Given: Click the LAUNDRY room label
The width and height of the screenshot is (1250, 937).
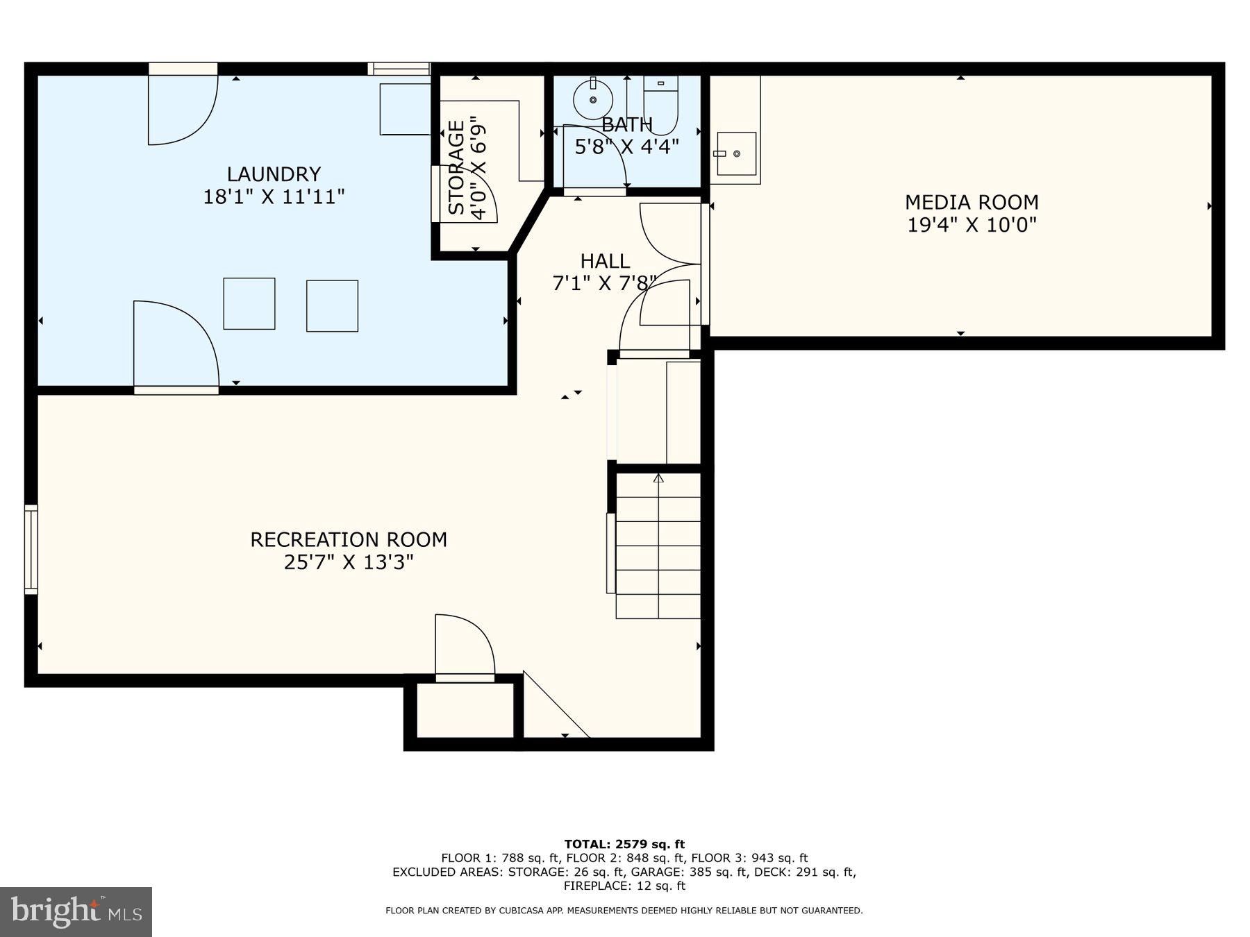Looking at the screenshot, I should coord(274,174).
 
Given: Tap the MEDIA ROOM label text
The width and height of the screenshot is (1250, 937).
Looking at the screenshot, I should coord(972,203).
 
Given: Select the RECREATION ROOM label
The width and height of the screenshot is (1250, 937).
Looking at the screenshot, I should coord(349,539).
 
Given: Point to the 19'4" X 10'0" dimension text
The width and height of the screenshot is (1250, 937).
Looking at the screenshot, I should coord(972,225).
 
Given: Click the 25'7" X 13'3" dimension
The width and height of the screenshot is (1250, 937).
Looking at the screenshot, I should coord(349,562).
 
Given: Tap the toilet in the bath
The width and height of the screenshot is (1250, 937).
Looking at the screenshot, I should coord(660,104).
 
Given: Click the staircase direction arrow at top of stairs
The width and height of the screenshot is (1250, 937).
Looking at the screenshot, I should coord(658,478).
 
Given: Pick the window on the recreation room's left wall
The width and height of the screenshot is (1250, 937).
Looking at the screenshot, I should coord(31,549).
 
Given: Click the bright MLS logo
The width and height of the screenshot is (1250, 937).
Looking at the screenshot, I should coord(76,911).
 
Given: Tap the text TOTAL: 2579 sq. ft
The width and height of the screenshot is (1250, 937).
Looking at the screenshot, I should coord(624,844).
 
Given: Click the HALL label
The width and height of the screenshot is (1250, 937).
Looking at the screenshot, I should coord(605,262).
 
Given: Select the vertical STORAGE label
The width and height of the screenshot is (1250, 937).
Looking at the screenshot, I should coord(456,168).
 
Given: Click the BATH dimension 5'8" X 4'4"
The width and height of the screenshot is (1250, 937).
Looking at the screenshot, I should coord(626,146).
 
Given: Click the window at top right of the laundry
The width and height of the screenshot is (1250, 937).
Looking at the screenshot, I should coord(399,69).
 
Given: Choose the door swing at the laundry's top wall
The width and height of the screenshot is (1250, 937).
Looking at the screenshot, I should coord(182,108).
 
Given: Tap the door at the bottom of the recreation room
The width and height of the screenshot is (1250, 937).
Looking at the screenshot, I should coord(465,645).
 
